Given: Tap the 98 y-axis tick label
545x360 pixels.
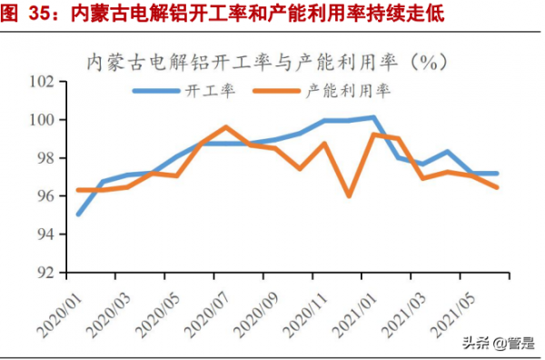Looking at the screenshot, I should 47,158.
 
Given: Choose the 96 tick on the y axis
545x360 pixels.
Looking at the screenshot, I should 47,196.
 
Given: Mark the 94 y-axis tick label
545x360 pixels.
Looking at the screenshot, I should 47,235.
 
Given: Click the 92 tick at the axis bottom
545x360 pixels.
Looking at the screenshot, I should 47,273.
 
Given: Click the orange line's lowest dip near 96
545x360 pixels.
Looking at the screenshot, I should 349,195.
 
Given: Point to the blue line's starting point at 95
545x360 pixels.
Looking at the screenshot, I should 79,215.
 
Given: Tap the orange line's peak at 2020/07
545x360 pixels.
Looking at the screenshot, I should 225,127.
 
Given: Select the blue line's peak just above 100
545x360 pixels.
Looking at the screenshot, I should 373,117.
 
